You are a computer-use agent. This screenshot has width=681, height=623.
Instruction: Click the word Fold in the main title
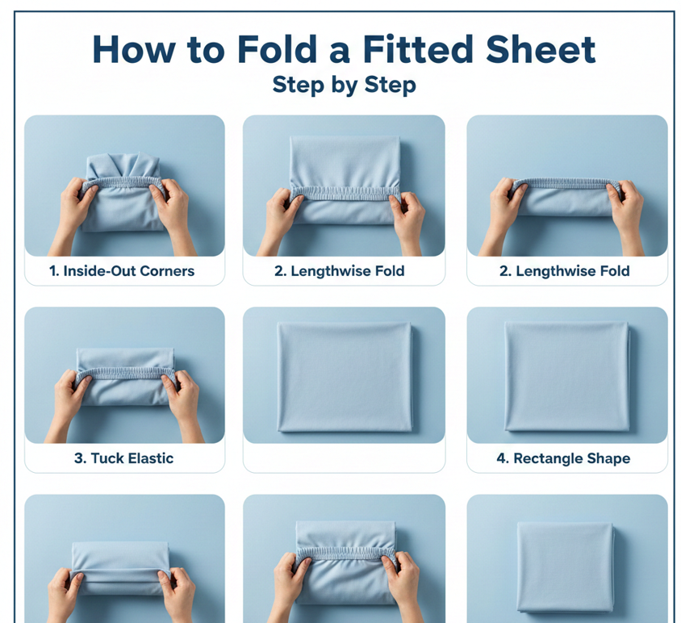pyautogui.click(x=277, y=49)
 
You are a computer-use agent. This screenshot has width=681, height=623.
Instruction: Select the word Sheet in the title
pyautogui.click(x=541, y=49)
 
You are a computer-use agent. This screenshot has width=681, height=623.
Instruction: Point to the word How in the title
pyautogui.click(x=134, y=49)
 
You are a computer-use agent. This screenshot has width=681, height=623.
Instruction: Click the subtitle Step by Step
pyautogui.click(x=344, y=86)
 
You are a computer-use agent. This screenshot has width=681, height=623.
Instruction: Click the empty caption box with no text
pyautogui.click(x=344, y=458)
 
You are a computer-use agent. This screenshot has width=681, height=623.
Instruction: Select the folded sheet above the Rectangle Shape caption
pyautogui.click(x=567, y=376)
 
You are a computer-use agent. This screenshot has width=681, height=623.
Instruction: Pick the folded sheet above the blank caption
pyautogui.click(x=345, y=377)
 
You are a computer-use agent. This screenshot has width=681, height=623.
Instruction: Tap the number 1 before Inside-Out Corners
pyautogui.click(x=53, y=271)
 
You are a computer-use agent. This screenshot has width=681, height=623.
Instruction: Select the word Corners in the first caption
pyautogui.click(x=167, y=271)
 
